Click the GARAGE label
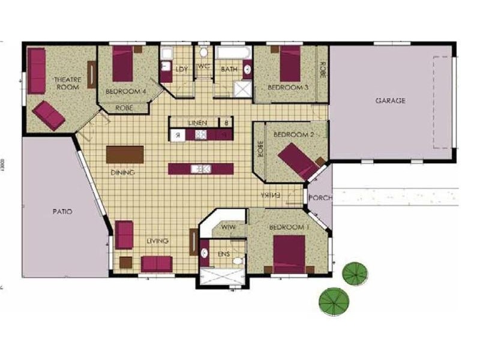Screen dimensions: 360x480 click(390, 101)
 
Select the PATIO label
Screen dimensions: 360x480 click(62, 212)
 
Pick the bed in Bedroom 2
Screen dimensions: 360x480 click(298, 158)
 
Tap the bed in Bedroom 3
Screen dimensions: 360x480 click(290, 63)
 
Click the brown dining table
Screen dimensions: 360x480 click(125, 154)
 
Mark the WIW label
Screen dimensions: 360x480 click(227, 227)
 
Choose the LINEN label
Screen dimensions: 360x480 click(197, 122)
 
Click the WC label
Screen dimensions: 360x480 click(203, 66)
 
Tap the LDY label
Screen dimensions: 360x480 click(182, 70)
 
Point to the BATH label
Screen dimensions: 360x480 click(229, 70)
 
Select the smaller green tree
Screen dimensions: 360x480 click(354, 274)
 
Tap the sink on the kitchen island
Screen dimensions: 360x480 click(200, 169)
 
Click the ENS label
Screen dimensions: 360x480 click(223, 254)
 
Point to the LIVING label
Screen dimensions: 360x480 click(157, 241)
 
